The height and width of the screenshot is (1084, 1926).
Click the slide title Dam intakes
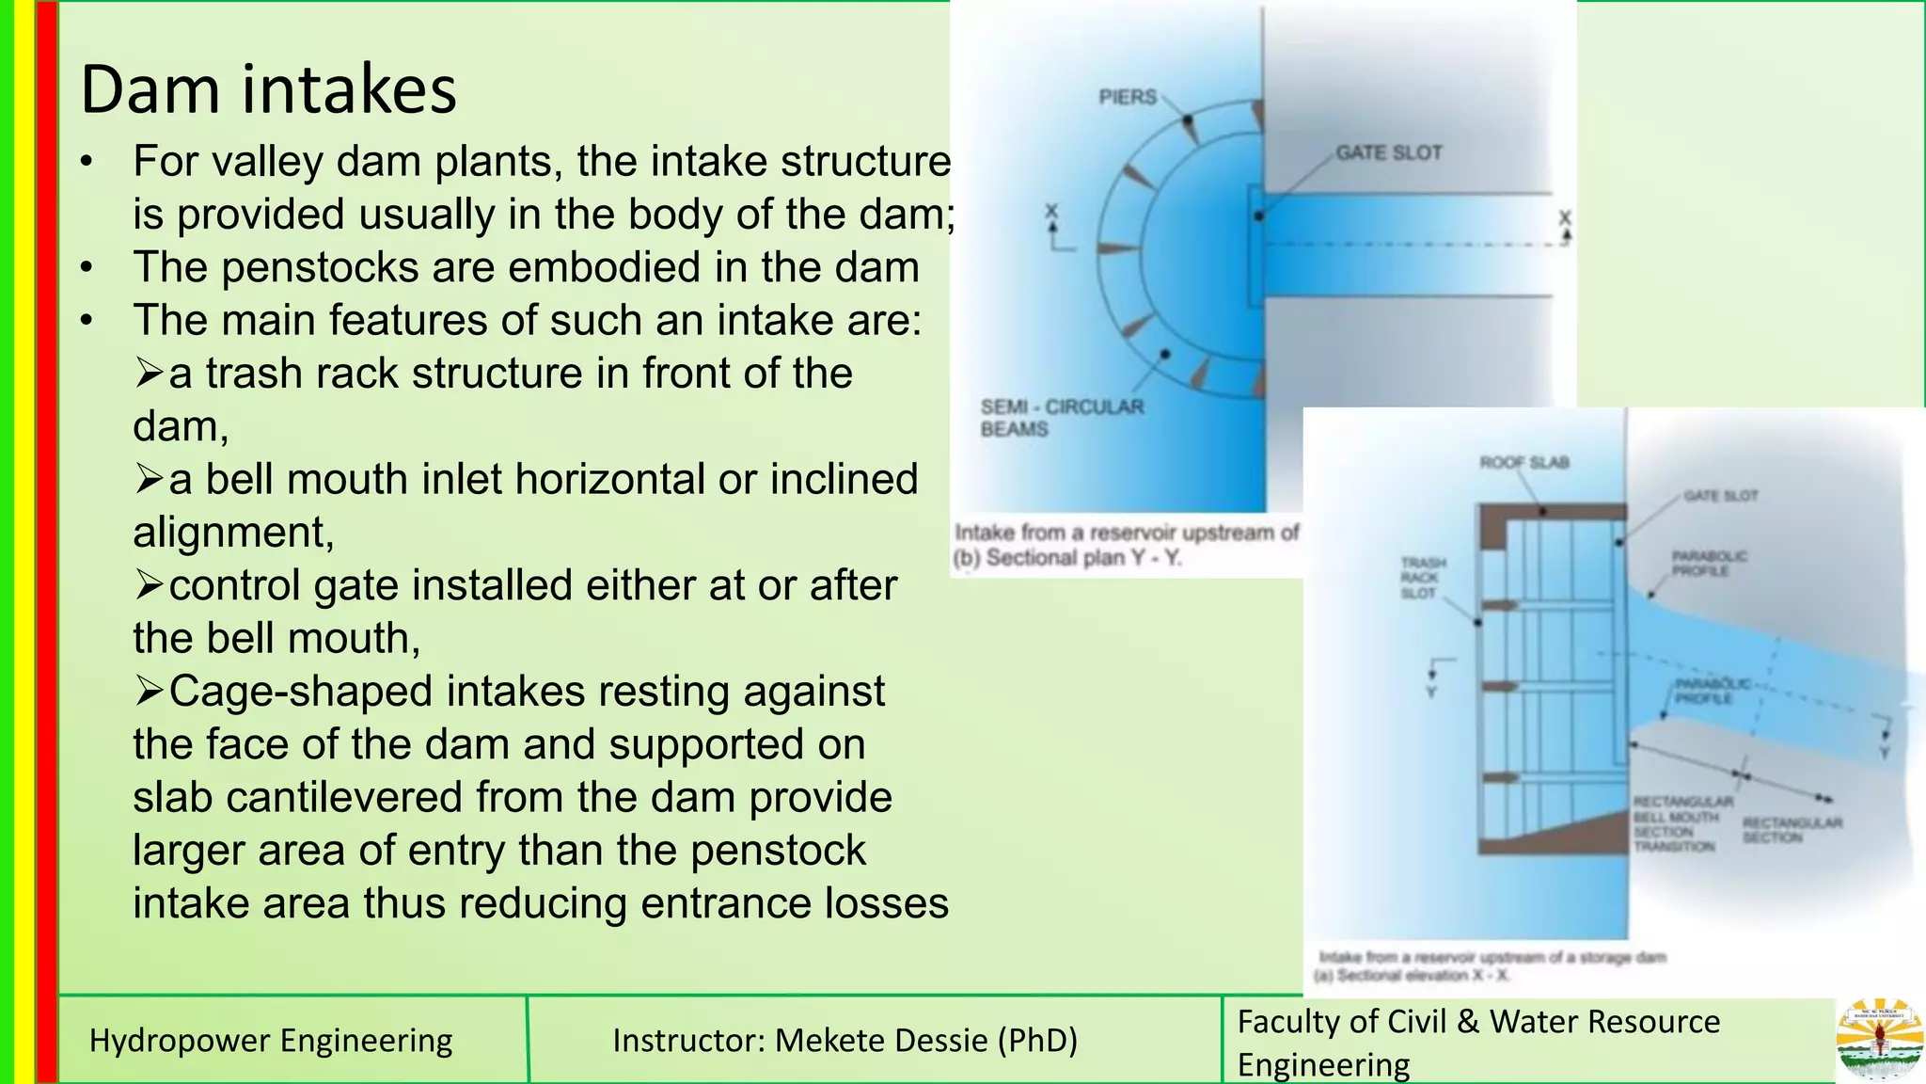coord(268,89)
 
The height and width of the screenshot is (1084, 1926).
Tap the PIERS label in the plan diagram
coord(1127,97)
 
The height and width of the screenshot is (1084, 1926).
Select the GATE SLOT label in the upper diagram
coord(1388,152)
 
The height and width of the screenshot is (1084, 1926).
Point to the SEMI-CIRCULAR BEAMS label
coord(1061,418)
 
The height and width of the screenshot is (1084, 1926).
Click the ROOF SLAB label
coord(1523,462)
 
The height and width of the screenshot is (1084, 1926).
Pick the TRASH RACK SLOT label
coord(1422,578)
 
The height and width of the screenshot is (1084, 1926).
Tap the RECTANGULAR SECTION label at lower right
coord(1791,829)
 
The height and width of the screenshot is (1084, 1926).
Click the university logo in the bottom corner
coord(1879,1039)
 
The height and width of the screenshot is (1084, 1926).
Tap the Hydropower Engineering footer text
coord(271,1041)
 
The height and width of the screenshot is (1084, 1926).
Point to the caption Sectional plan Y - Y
coord(1066,558)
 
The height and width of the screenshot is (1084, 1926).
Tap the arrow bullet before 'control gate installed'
coord(149,585)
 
